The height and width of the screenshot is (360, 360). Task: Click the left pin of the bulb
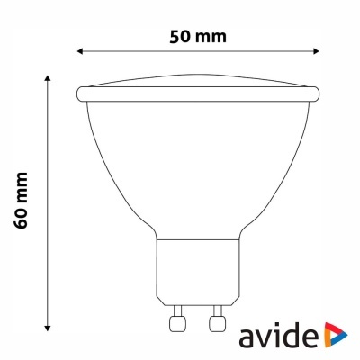click(176, 322)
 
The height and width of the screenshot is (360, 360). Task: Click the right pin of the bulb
click(215, 322)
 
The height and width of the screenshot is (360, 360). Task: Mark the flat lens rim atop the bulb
click(197, 93)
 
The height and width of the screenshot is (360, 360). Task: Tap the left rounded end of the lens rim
click(80, 93)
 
